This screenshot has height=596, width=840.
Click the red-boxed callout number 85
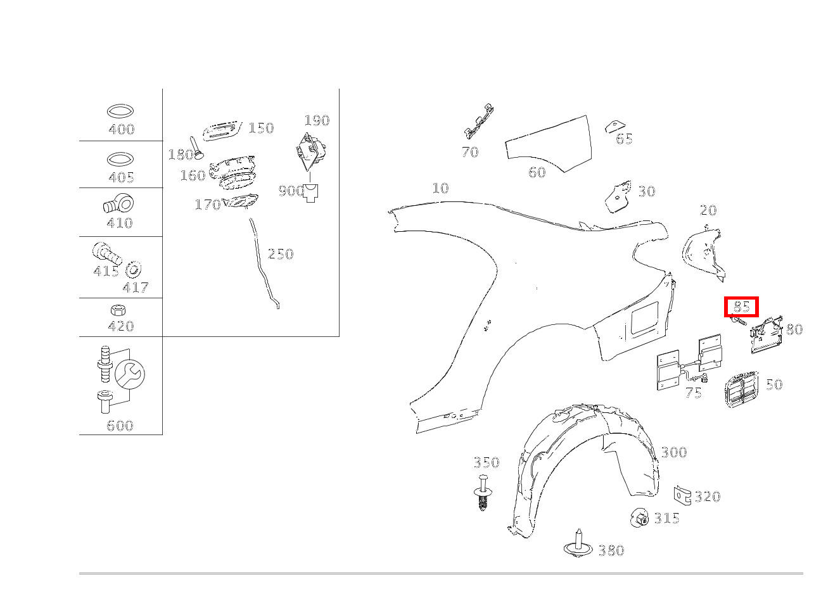(741, 307)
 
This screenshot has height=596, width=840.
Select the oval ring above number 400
(120, 111)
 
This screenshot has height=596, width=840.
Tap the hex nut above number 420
(118, 310)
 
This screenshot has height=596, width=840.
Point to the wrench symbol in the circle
(130, 374)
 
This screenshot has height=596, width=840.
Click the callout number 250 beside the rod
(281, 254)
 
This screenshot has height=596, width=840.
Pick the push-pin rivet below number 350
(483, 493)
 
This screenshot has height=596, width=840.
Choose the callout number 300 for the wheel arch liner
(674, 452)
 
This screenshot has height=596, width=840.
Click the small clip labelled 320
(682, 495)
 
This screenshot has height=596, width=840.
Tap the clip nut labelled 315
(639, 518)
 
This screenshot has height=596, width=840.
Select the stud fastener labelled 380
(578, 543)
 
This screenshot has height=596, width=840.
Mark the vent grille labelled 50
(742, 390)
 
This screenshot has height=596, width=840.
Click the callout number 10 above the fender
(440, 188)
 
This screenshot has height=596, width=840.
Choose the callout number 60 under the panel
(537, 172)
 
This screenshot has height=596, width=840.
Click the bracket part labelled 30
(618, 196)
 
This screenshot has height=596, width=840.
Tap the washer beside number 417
(133, 269)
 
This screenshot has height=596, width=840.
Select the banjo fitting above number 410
(118, 203)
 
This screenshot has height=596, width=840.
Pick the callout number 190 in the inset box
(317, 120)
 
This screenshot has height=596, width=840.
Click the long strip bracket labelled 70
(479, 121)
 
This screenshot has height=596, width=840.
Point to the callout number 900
(291, 191)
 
